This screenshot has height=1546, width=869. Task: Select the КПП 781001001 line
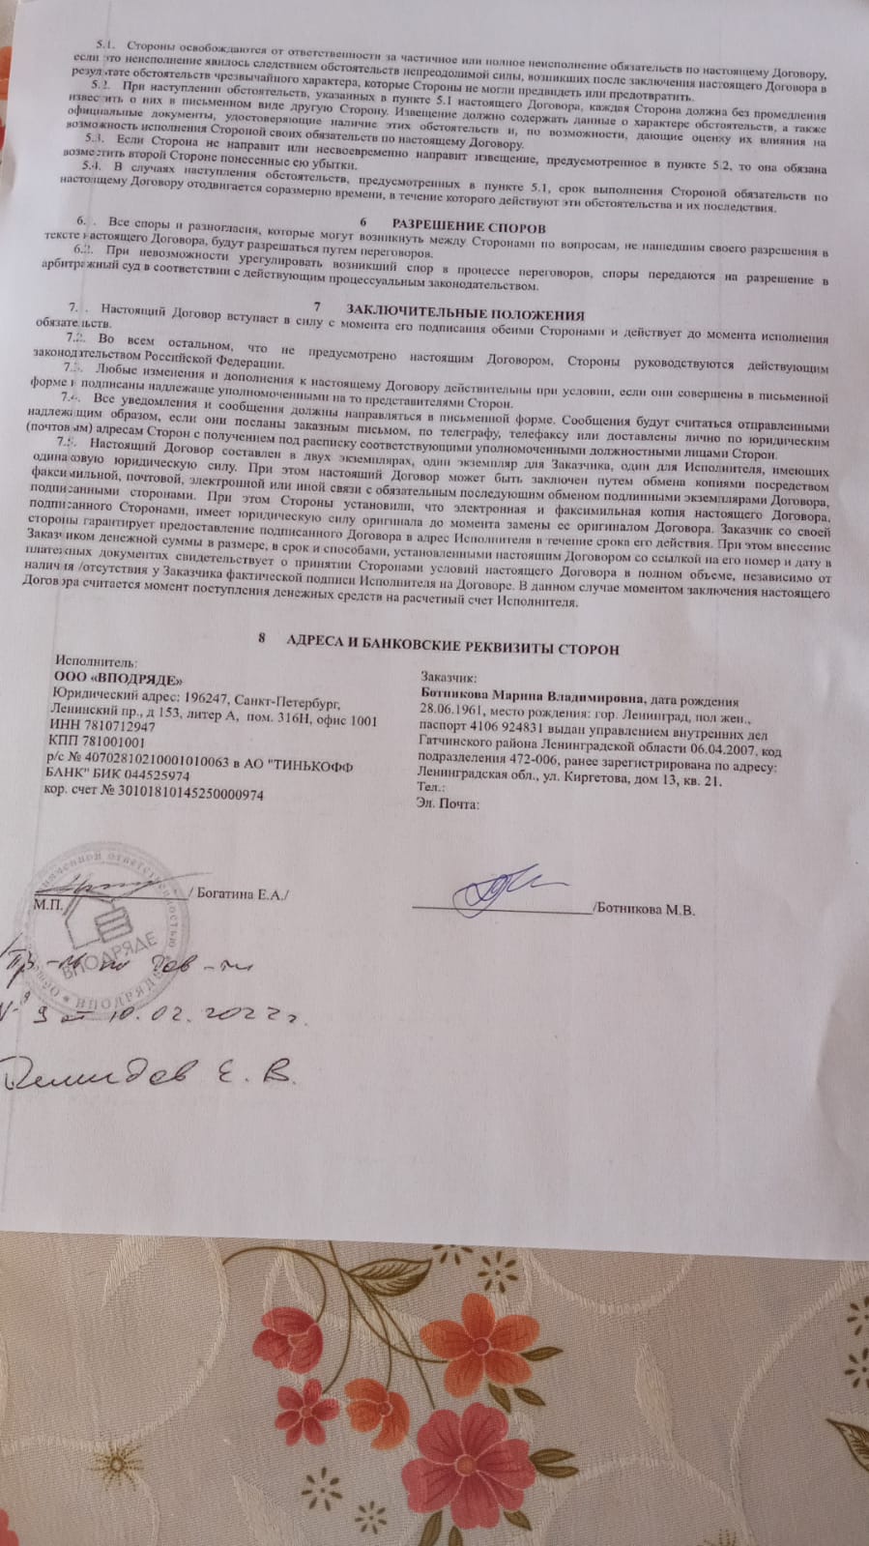point(101,742)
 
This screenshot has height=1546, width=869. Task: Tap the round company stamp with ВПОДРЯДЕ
point(106,929)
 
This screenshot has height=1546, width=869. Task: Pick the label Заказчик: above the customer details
point(449,678)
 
